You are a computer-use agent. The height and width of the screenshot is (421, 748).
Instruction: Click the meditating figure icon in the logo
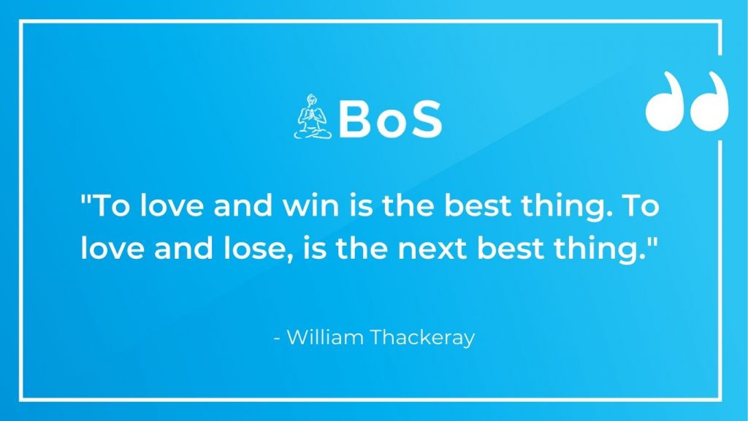[312, 117]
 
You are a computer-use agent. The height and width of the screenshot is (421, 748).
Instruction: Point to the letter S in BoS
[424, 119]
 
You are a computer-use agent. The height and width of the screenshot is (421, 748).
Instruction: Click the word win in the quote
[310, 205]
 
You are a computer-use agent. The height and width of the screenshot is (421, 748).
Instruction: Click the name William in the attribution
[325, 337]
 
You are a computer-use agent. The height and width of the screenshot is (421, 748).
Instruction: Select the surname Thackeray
[422, 338]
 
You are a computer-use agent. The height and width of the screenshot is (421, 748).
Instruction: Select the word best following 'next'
[511, 249]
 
